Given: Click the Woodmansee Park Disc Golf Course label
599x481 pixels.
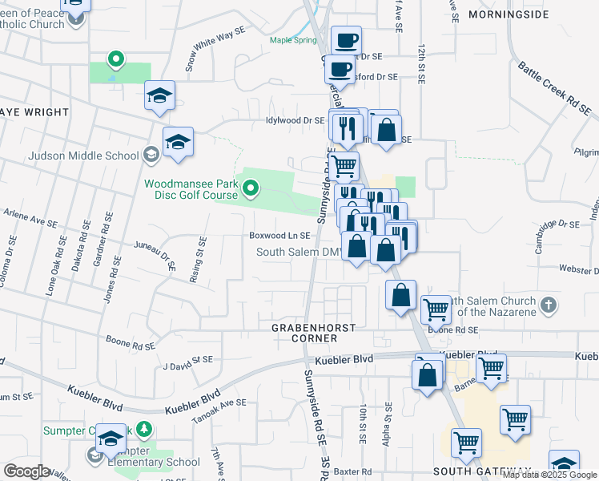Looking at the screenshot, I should [191, 189].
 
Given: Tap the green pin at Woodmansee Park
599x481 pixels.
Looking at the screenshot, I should [251, 189].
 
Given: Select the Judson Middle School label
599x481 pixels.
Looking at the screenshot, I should [83, 156].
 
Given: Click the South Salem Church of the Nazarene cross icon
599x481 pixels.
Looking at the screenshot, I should [548, 305].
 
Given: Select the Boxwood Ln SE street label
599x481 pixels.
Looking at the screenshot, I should [279, 236].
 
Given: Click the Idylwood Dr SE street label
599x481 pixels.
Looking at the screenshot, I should [295, 120].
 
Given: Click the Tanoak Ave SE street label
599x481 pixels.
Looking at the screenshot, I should [218, 411].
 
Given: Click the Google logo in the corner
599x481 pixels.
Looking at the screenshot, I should [26, 471].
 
